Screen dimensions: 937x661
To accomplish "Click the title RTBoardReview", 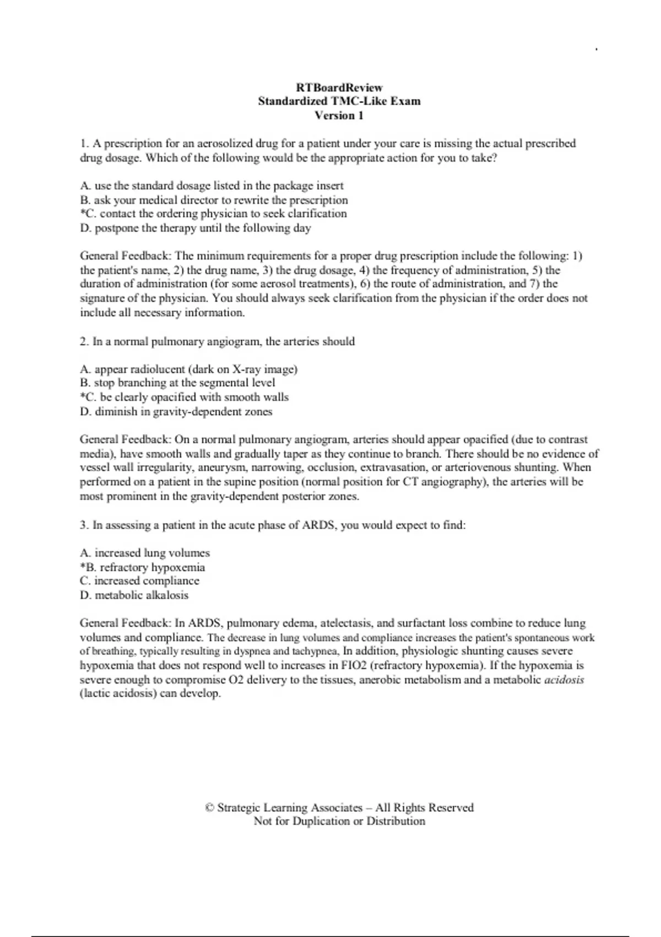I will pos(339,88).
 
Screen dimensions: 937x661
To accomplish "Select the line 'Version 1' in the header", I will pos(339,116).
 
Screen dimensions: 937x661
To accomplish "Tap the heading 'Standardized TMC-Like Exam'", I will pos(339,101).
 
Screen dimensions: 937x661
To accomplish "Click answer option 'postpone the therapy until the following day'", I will pos(196,228).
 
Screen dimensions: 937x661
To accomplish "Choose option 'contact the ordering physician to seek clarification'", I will pos(214,214).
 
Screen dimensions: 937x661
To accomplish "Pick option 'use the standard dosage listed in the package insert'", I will pos(212,186).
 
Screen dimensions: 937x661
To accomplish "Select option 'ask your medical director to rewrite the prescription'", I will pos(214,200).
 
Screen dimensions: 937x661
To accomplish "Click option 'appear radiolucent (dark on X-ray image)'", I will pos(188,369).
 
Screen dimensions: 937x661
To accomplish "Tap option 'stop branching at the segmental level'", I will pos(177,383).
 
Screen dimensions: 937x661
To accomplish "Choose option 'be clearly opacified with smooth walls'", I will pos(185,397).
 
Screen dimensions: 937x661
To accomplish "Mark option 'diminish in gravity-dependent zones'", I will pos(176,412).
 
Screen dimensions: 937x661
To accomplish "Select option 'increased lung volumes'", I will pos(145,553).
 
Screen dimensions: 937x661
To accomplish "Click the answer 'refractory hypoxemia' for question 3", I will pos(143,567).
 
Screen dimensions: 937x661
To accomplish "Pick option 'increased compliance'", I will pos(139,581).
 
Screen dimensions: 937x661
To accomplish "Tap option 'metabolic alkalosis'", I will pos(134,595).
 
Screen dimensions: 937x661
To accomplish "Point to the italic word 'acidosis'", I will pos(564,680).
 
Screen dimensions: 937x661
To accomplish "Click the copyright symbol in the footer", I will pos(209,808).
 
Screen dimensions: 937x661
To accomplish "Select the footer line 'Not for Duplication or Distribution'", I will pos(339,821).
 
